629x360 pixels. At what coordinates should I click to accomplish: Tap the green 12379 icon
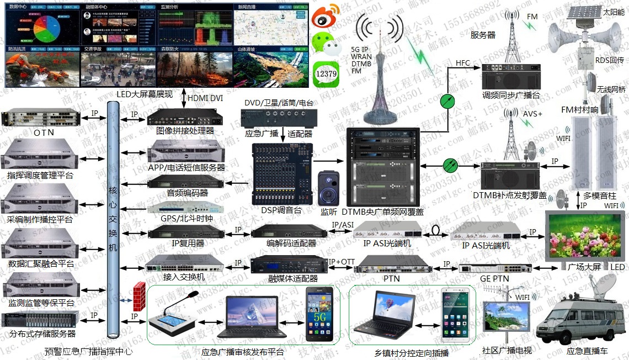[x=327, y=74]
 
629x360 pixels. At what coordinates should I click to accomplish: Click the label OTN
[x=44, y=133]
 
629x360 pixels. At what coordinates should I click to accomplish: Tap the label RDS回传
[x=609, y=60]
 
